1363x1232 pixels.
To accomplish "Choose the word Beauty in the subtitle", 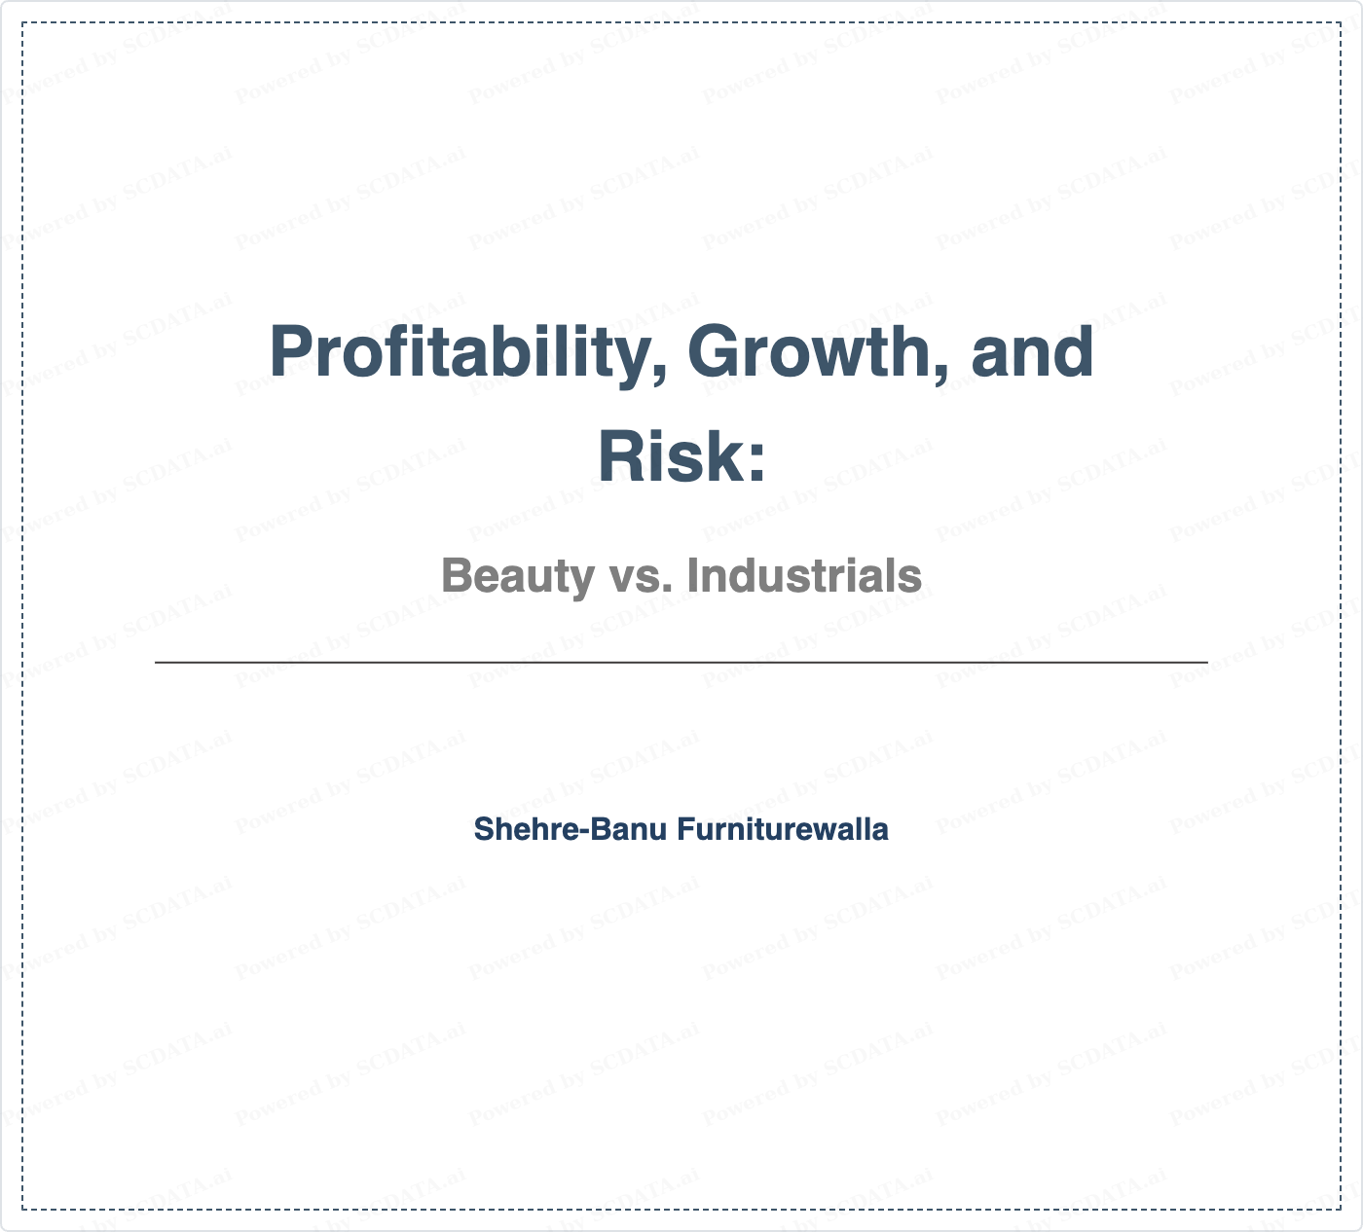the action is pyautogui.click(x=519, y=577).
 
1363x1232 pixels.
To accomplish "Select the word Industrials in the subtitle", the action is pyautogui.click(x=804, y=575).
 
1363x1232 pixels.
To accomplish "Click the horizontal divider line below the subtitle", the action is pyautogui.click(x=681, y=662).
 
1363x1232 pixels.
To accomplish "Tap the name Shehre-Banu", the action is pyautogui.click(x=571, y=829).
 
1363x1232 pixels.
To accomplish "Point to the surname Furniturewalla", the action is pyautogui.click(x=783, y=829).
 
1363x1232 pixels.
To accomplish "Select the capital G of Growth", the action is pyautogui.click(x=714, y=352).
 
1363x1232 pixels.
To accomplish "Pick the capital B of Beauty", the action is pyautogui.click(x=457, y=575).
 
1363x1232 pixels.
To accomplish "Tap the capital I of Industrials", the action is pyautogui.click(x=692, y=575).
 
